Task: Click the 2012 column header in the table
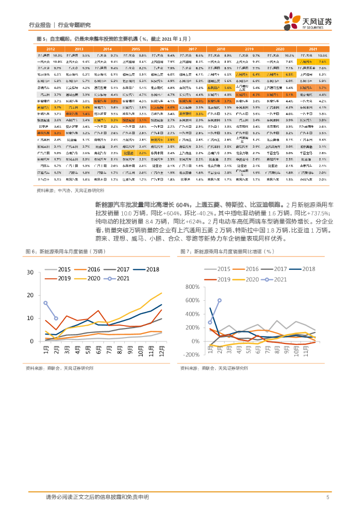(x=51, y=49)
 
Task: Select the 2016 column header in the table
(x=164, y=49)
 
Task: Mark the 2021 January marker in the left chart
(x=45, y=303)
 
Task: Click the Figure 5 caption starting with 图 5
(x=114, y=38)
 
